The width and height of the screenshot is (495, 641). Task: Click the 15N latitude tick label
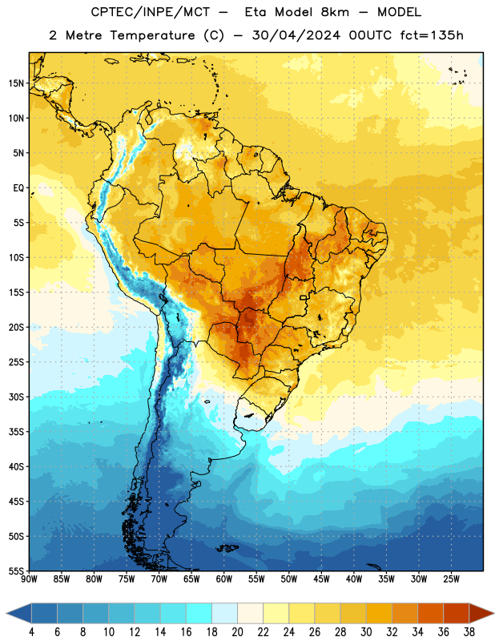coord(16,83)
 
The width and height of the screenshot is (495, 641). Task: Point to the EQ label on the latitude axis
coord(18,188)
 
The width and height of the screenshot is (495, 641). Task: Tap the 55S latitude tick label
coord(16,571)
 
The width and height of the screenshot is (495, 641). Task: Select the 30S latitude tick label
coord(16,397)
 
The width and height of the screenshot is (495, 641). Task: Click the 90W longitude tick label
coord(29,579)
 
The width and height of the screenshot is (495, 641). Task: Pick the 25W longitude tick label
coord(451,579)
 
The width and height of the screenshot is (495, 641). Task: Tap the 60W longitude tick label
coord(224,579)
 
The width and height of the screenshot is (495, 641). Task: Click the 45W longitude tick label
coord(322,579)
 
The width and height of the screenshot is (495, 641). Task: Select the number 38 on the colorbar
coord(469,632)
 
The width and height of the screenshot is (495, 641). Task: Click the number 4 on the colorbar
coord(31,632)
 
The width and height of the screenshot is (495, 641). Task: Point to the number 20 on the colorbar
coord(237,632)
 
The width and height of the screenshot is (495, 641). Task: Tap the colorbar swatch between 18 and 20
coord(225,613)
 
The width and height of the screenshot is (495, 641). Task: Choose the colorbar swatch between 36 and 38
coord(457,613)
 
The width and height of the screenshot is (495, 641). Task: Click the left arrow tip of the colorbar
coord(6,613)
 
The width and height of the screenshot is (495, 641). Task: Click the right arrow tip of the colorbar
coord(493,613)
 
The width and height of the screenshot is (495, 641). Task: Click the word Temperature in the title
coord(152,35)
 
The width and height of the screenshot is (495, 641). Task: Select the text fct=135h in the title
coord(432,35)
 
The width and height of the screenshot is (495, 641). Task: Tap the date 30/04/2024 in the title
coord(296,35)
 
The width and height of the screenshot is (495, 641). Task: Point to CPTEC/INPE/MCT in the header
coord(150,12)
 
